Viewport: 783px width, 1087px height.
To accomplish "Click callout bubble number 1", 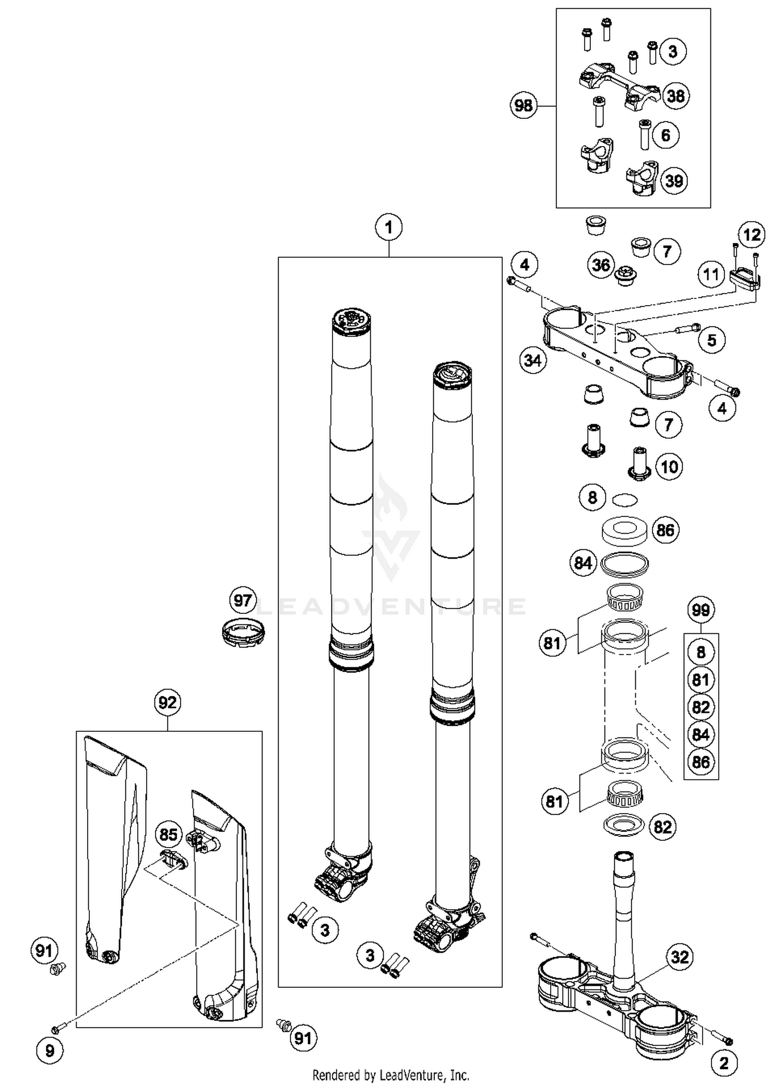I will (388, 227).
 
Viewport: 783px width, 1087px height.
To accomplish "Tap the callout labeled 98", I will (523, 106).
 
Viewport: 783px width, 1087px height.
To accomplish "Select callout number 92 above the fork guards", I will (167, 703).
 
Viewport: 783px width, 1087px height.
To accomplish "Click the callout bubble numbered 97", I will (243, 600).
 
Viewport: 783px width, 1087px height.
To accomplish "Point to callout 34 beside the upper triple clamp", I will (533, 360).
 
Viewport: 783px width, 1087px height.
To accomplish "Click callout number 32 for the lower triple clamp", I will (680, 957).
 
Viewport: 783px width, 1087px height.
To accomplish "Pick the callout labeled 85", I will (168, 835).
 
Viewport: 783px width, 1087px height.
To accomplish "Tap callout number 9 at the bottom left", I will (50, 1050).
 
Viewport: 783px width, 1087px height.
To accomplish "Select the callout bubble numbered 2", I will (723, 1063).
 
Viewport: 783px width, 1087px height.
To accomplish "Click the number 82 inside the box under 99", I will (701, 707).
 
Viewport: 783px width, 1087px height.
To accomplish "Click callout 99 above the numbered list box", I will (701, 610).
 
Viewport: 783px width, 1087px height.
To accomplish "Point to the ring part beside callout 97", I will (241, 633).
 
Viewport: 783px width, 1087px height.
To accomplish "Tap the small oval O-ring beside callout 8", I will (625, 500).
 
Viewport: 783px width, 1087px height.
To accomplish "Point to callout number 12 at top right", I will (752, 235).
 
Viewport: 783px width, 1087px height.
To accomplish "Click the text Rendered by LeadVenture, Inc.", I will (390, 1075).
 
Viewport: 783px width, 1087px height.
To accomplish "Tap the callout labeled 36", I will (600, 264).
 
